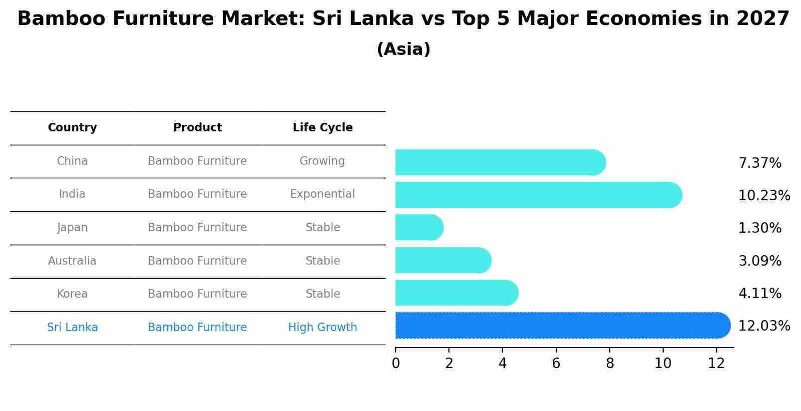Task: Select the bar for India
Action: coord(538,195)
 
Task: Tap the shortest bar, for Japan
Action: coord(418,228)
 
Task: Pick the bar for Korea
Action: coord(456,293)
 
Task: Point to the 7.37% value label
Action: coord(760,163)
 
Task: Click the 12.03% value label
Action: coord(764,326)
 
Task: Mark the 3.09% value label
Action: coord(760,261)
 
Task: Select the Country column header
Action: coord(72,128)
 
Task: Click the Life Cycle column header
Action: coord(323,128)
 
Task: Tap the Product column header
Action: coord(198,128)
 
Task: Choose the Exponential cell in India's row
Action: coord(323,194)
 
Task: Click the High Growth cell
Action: coord(323,328)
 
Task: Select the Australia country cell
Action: coord(72,261)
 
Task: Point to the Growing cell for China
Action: coord(322,161)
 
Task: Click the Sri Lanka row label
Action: coord(72,328)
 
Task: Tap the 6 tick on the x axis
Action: coord(556,364)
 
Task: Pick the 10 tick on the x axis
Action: coord(663,364)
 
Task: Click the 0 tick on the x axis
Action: coord(396,364)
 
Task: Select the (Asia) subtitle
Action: coord(403,49)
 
